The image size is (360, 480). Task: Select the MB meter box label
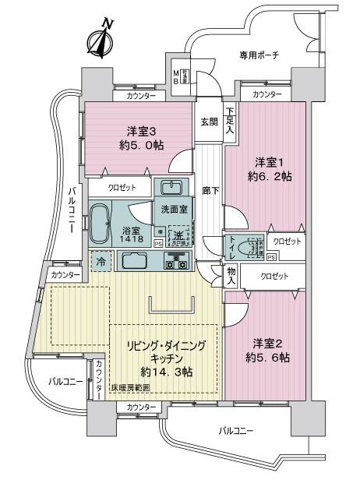177,76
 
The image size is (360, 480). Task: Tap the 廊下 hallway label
208,189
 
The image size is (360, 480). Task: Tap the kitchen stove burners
173,263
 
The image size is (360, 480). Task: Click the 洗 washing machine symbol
179,235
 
